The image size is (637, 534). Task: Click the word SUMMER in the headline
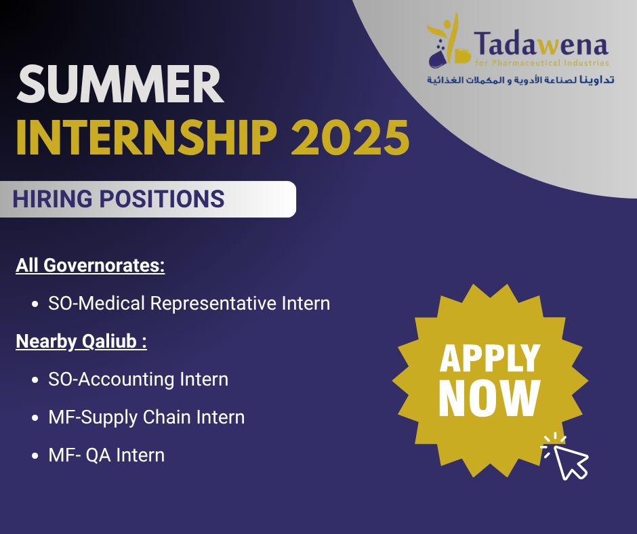[x=120, y=85]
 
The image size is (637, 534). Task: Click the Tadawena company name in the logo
[x=541, y=45]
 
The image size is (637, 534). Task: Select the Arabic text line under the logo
[x=520, y=79]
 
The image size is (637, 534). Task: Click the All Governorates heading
[x=90, y=266]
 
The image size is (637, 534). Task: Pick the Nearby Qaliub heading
[x=81, y=342]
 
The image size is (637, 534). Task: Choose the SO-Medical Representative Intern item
[x=189, y=304]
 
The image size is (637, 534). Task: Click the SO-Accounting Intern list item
[x=138, y=379]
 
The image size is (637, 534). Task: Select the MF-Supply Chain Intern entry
[x=146, y=417]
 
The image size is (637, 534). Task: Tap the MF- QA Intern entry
[x=106, y=455]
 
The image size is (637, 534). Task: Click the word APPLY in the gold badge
[x=490, y=357]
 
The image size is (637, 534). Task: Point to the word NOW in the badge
[x=489, y=397]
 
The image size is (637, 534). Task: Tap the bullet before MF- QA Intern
[x=34, y=455]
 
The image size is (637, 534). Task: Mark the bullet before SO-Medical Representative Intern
[x=34, y=304]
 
